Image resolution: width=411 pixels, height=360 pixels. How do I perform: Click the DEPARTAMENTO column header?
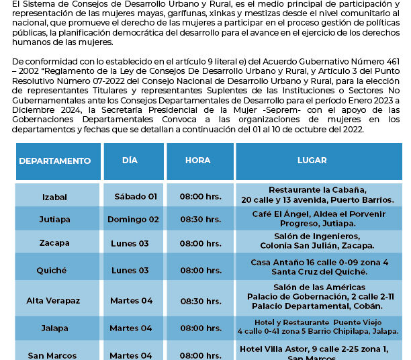coord(55,161)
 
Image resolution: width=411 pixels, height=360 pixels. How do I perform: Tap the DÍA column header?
coord(130,161)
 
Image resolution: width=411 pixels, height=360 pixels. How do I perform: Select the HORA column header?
coord(198,161)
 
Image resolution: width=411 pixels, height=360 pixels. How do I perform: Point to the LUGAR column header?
coord(312,161)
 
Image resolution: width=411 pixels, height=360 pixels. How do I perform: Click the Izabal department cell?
coord(55,197)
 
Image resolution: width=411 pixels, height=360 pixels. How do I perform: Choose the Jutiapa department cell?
coord(55,220)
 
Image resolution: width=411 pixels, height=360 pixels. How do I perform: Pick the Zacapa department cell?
coord(55,243)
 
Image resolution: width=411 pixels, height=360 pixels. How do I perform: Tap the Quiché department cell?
coord(55,270)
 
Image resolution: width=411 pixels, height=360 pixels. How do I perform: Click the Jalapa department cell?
coord(55,328)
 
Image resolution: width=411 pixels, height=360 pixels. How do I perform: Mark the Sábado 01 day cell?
coord(136,197)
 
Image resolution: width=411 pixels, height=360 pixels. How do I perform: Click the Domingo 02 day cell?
coord(134,220)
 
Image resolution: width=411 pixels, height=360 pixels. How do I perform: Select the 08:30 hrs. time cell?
coord(200,220)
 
